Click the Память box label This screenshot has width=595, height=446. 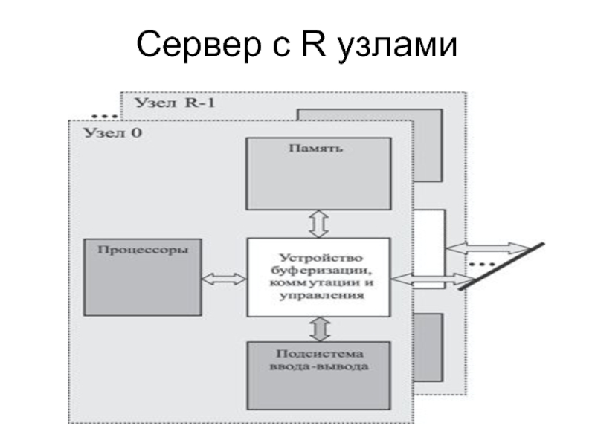(315, 148)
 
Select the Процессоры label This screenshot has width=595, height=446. (139, 250)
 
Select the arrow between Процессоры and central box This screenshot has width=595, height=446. (224, 278)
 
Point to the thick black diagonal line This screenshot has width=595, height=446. (502, 265)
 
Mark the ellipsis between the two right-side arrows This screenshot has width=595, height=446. (483, 264)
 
